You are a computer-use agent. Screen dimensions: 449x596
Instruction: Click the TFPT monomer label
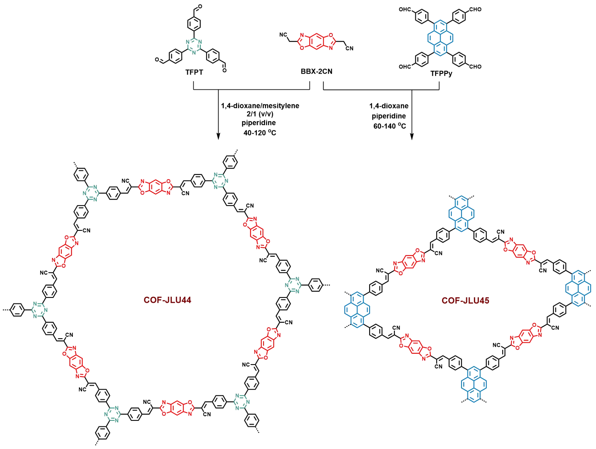pyautogui.click(x=194, y=72)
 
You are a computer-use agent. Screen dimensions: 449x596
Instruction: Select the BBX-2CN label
pyautogui.click(x=316, y=71)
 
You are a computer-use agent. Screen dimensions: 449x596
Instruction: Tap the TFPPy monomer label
pyautogui.click(x=441, y=74)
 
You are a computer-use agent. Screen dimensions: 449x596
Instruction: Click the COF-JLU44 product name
pyautogui.click(x=167, y=300)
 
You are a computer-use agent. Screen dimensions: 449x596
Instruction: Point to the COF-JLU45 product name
pyautogui.click(x=465, y=300)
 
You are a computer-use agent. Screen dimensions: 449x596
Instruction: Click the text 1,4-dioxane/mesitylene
pyautogui.click(x=260, y=106)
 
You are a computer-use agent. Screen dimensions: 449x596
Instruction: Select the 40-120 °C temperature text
pyautogui.click(x=260, y=132)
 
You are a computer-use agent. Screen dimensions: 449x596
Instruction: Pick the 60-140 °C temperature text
pyautogui.click(x=389, y=126)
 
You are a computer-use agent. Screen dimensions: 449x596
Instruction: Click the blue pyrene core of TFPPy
pyautogui.click(x=440, y=37)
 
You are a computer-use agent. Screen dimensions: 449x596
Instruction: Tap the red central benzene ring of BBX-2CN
pyautogui.click(x=316, y=42)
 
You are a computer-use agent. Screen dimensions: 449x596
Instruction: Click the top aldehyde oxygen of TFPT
pyautogui.click(x=200, y=6)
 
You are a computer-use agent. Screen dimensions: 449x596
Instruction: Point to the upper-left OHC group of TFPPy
pyautogui.click(x=405, y=9)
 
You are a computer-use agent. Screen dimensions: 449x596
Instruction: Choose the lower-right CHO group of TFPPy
pyautogui.click(x=475, y=67)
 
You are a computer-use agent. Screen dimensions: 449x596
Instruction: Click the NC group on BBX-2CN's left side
pyautogui.click(x=283, y=35)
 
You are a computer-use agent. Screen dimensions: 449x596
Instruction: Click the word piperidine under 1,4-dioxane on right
pyautogui.click(x=389, y=116)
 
